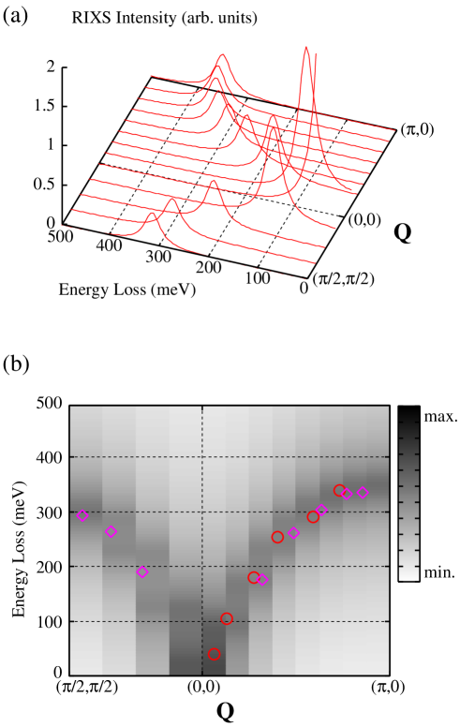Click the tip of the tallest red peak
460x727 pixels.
pos(306,48)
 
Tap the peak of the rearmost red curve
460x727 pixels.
pos(222,55)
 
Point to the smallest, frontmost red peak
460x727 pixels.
pos(152,213)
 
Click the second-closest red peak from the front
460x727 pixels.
pos(172,198)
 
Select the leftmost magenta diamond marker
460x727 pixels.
pos(82,515)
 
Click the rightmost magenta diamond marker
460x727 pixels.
pos(363,493)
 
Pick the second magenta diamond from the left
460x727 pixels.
pos(111,531)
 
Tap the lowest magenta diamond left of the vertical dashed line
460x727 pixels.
pos(142,571)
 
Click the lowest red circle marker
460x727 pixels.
pos(215,654)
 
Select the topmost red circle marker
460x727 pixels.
pos(339,490)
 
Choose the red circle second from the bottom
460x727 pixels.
pos(227,618)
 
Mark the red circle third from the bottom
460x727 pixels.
pos(253,577)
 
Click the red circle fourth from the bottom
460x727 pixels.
pos(277,537)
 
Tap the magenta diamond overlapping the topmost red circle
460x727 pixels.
pos(347,494)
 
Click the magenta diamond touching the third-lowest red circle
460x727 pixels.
pos(262,580)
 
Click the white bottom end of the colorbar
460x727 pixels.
pos(408,574)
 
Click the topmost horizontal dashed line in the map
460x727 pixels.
pos(230,457)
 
